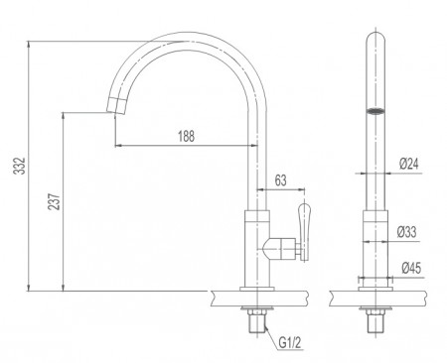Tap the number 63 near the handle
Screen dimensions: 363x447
coord(281,180)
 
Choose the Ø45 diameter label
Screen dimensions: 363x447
coord(409,267)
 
